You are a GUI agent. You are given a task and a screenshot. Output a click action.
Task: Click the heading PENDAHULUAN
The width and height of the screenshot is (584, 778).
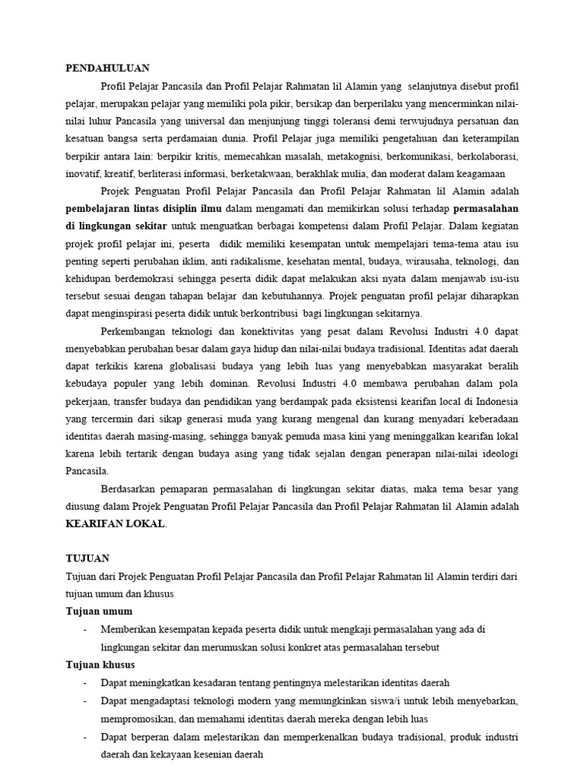(106, 68)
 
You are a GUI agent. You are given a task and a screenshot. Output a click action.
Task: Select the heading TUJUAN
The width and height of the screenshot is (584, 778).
(84, 557)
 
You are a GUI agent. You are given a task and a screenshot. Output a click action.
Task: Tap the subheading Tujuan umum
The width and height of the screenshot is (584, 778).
(99, 611)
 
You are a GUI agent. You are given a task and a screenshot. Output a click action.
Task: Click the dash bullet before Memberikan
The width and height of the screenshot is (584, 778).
(84, 629)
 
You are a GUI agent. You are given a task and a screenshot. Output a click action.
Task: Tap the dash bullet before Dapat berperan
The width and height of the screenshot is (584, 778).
(84, 737)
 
